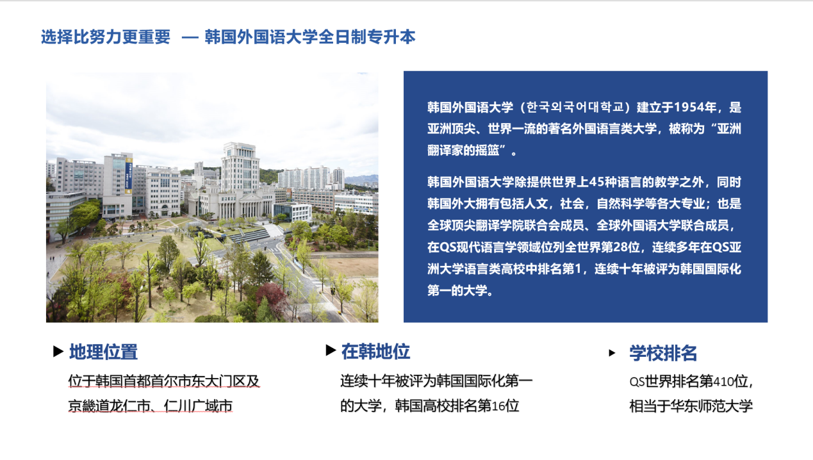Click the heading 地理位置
tap(103, 352)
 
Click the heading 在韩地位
tap(375, 352)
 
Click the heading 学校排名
tap(663, 353)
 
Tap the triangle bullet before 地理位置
tap(58, 352)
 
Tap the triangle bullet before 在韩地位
tap(331, 350)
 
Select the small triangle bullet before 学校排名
tap(612, 353)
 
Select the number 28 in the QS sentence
tap(632, 247)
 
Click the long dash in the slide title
tap(190, 37)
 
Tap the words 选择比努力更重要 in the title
tap(106, 37)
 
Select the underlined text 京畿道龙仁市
tap(109, 406)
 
